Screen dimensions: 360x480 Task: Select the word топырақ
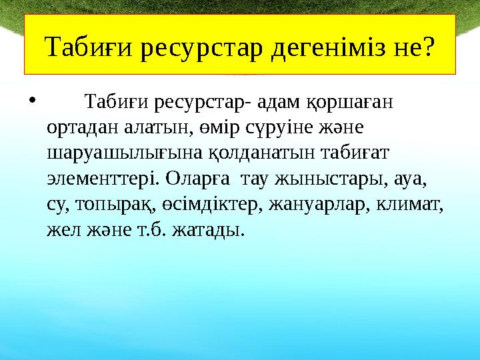pos(106,205)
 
